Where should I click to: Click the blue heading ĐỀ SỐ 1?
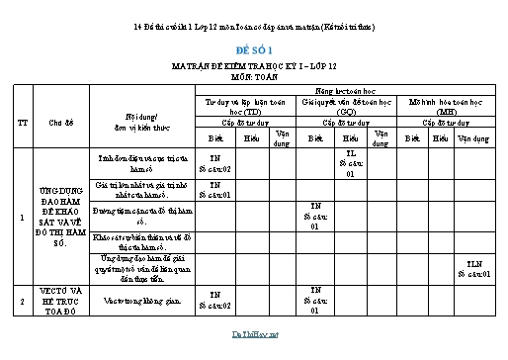pos(253,48)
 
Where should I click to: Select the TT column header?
pos(21,123)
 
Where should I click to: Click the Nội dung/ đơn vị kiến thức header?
pos(141,123)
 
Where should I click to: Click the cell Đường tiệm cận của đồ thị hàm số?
pos(141,214)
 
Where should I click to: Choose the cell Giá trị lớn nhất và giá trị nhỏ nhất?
pos(141,188)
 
